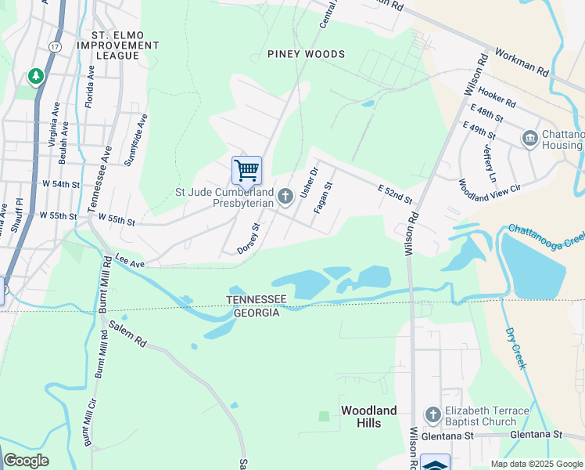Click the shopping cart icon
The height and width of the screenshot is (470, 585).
[x=246, y=170]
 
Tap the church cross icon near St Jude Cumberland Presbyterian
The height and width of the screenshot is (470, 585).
[x=285, y=195]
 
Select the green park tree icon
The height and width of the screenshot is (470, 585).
[x=35, y=76]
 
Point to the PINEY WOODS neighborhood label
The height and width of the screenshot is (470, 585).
[x=306, y=54]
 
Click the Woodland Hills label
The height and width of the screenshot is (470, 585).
[x=369, y=417]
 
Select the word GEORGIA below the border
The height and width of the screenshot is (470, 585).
[x=257, y=313]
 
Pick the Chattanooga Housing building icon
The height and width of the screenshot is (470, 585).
[x=529, y=139]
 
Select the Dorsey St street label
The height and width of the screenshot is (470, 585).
[x=249, y=239]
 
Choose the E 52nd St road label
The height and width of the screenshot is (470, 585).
[x=395, y=194]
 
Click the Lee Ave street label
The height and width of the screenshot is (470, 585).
[x=131, y=261]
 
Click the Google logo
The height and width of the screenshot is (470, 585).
[x=26, y=461]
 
